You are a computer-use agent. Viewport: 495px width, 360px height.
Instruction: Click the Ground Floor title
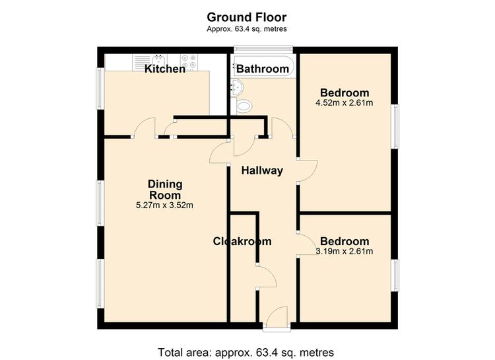[x=247, y=17]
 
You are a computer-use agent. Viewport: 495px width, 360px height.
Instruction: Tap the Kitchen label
[x=165, y=69]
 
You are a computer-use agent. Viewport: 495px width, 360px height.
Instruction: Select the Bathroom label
[x=263, y=69]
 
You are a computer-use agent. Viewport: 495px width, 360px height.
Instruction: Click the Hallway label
[x=262, y=170]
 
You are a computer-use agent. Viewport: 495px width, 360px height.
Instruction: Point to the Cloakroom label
[x=242, y=241]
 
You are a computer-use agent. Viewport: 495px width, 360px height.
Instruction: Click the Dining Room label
[x=165, y=190]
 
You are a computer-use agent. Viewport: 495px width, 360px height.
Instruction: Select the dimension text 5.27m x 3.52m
[x=164, y=205]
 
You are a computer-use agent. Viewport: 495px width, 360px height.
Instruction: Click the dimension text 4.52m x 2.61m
[x=345, y=103]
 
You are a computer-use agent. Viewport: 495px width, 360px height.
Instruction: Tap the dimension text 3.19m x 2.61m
[x=345, y=251]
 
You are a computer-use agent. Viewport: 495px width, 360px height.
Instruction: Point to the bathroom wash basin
[x=237, y=88]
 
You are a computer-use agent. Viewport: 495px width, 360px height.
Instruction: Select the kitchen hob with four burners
[x=189, y=62]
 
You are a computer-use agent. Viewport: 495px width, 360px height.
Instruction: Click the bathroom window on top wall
[x=263, y=49]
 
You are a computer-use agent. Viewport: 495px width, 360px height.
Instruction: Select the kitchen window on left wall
[x=100, y=89]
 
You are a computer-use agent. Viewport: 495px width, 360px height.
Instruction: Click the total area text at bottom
[x=246, y=352]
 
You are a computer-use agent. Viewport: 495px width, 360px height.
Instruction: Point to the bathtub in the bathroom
[x=264, y=66]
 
